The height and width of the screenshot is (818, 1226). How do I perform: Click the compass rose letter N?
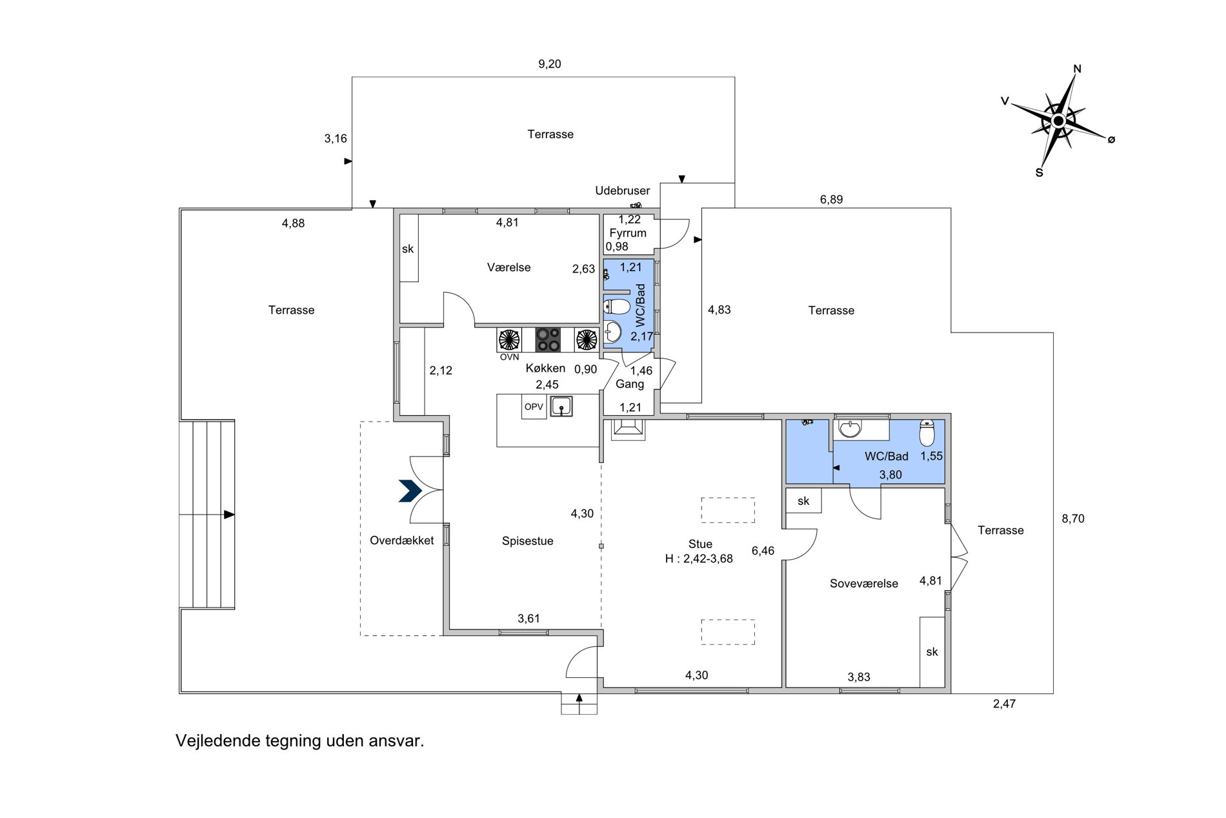(x=1077, y=69)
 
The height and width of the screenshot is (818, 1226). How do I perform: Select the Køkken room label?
(x=545, y=368)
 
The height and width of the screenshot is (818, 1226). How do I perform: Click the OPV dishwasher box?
(x=534, y=407)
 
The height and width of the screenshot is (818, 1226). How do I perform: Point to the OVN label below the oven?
(x=509, y=357)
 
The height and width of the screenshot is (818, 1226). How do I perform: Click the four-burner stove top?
(x=548, y=340)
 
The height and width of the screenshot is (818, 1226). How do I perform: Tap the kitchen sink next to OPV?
(x=561, y=406)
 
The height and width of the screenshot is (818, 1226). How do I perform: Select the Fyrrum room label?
(x=628, y=233)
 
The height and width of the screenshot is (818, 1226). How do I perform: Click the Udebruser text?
(x=622, y=190)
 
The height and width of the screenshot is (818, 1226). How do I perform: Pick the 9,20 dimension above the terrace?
(x=550, y=64)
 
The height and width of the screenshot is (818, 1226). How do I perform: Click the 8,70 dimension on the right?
(x=1073, y=518)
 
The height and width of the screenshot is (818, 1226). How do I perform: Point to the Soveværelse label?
(x=864, y=584)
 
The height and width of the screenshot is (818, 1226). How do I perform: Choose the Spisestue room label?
(x=528, y=541)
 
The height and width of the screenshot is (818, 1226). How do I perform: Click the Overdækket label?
(x=402, y=540)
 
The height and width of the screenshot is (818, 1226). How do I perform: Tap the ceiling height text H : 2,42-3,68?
(x=699, y=559)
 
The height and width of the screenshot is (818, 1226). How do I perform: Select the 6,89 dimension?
(x=831, y=199)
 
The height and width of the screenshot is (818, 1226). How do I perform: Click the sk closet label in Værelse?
(x=408, y=249)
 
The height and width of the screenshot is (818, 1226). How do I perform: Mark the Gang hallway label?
(x=630, y=384)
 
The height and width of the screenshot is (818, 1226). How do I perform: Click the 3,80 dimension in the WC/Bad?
(x=890, y=475)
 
